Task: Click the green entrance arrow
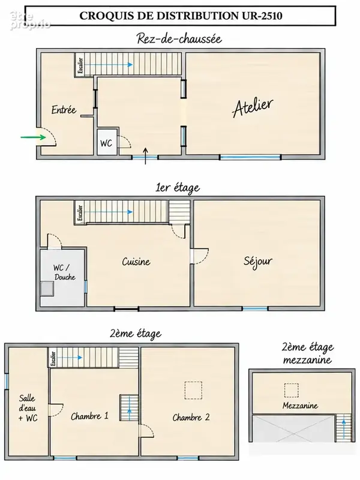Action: (x=34, y=137)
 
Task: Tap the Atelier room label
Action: (x=253, y=107)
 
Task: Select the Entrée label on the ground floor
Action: (x=64, y=110)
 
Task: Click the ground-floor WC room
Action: (x=107, y=142)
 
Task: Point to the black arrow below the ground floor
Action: (x=145, y=156)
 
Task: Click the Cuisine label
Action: (x=136, y=262)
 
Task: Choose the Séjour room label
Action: (x=258, y=262)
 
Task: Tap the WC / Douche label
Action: (x=64, y=272)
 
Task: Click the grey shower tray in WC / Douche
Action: (x=47, y=289)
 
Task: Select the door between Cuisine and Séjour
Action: (x=199, y=256)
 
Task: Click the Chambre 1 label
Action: (x=89, y=416)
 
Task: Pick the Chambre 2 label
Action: (x=191, y=417)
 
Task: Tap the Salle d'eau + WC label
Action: (x=28, y=408)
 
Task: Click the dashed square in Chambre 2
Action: (x=193, y=391)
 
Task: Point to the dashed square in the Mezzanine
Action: (x=291, y=391)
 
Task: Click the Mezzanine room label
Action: (x=301, y=406)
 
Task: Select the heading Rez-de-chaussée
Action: (x=179, y=39)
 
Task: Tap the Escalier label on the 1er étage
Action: (x=80, y=213)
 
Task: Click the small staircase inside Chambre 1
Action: (x=128, y=408)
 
